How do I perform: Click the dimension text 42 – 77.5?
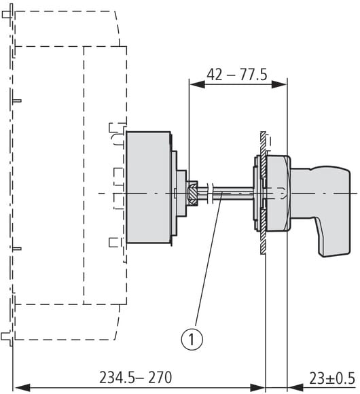237,75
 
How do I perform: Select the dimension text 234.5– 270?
136,377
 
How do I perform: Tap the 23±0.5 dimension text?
332,378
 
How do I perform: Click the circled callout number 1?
192,340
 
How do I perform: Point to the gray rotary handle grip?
324,201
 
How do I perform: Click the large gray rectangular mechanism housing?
149,187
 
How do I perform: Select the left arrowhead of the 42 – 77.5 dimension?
197,84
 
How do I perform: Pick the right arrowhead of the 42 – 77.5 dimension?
279,84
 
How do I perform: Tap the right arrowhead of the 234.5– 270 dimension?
257,387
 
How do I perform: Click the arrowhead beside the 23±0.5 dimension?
295,387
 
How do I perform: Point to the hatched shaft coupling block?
193,194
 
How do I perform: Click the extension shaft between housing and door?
226,194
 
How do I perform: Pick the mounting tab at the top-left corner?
7,14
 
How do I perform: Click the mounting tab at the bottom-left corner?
7,336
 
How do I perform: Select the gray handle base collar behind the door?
278,193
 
